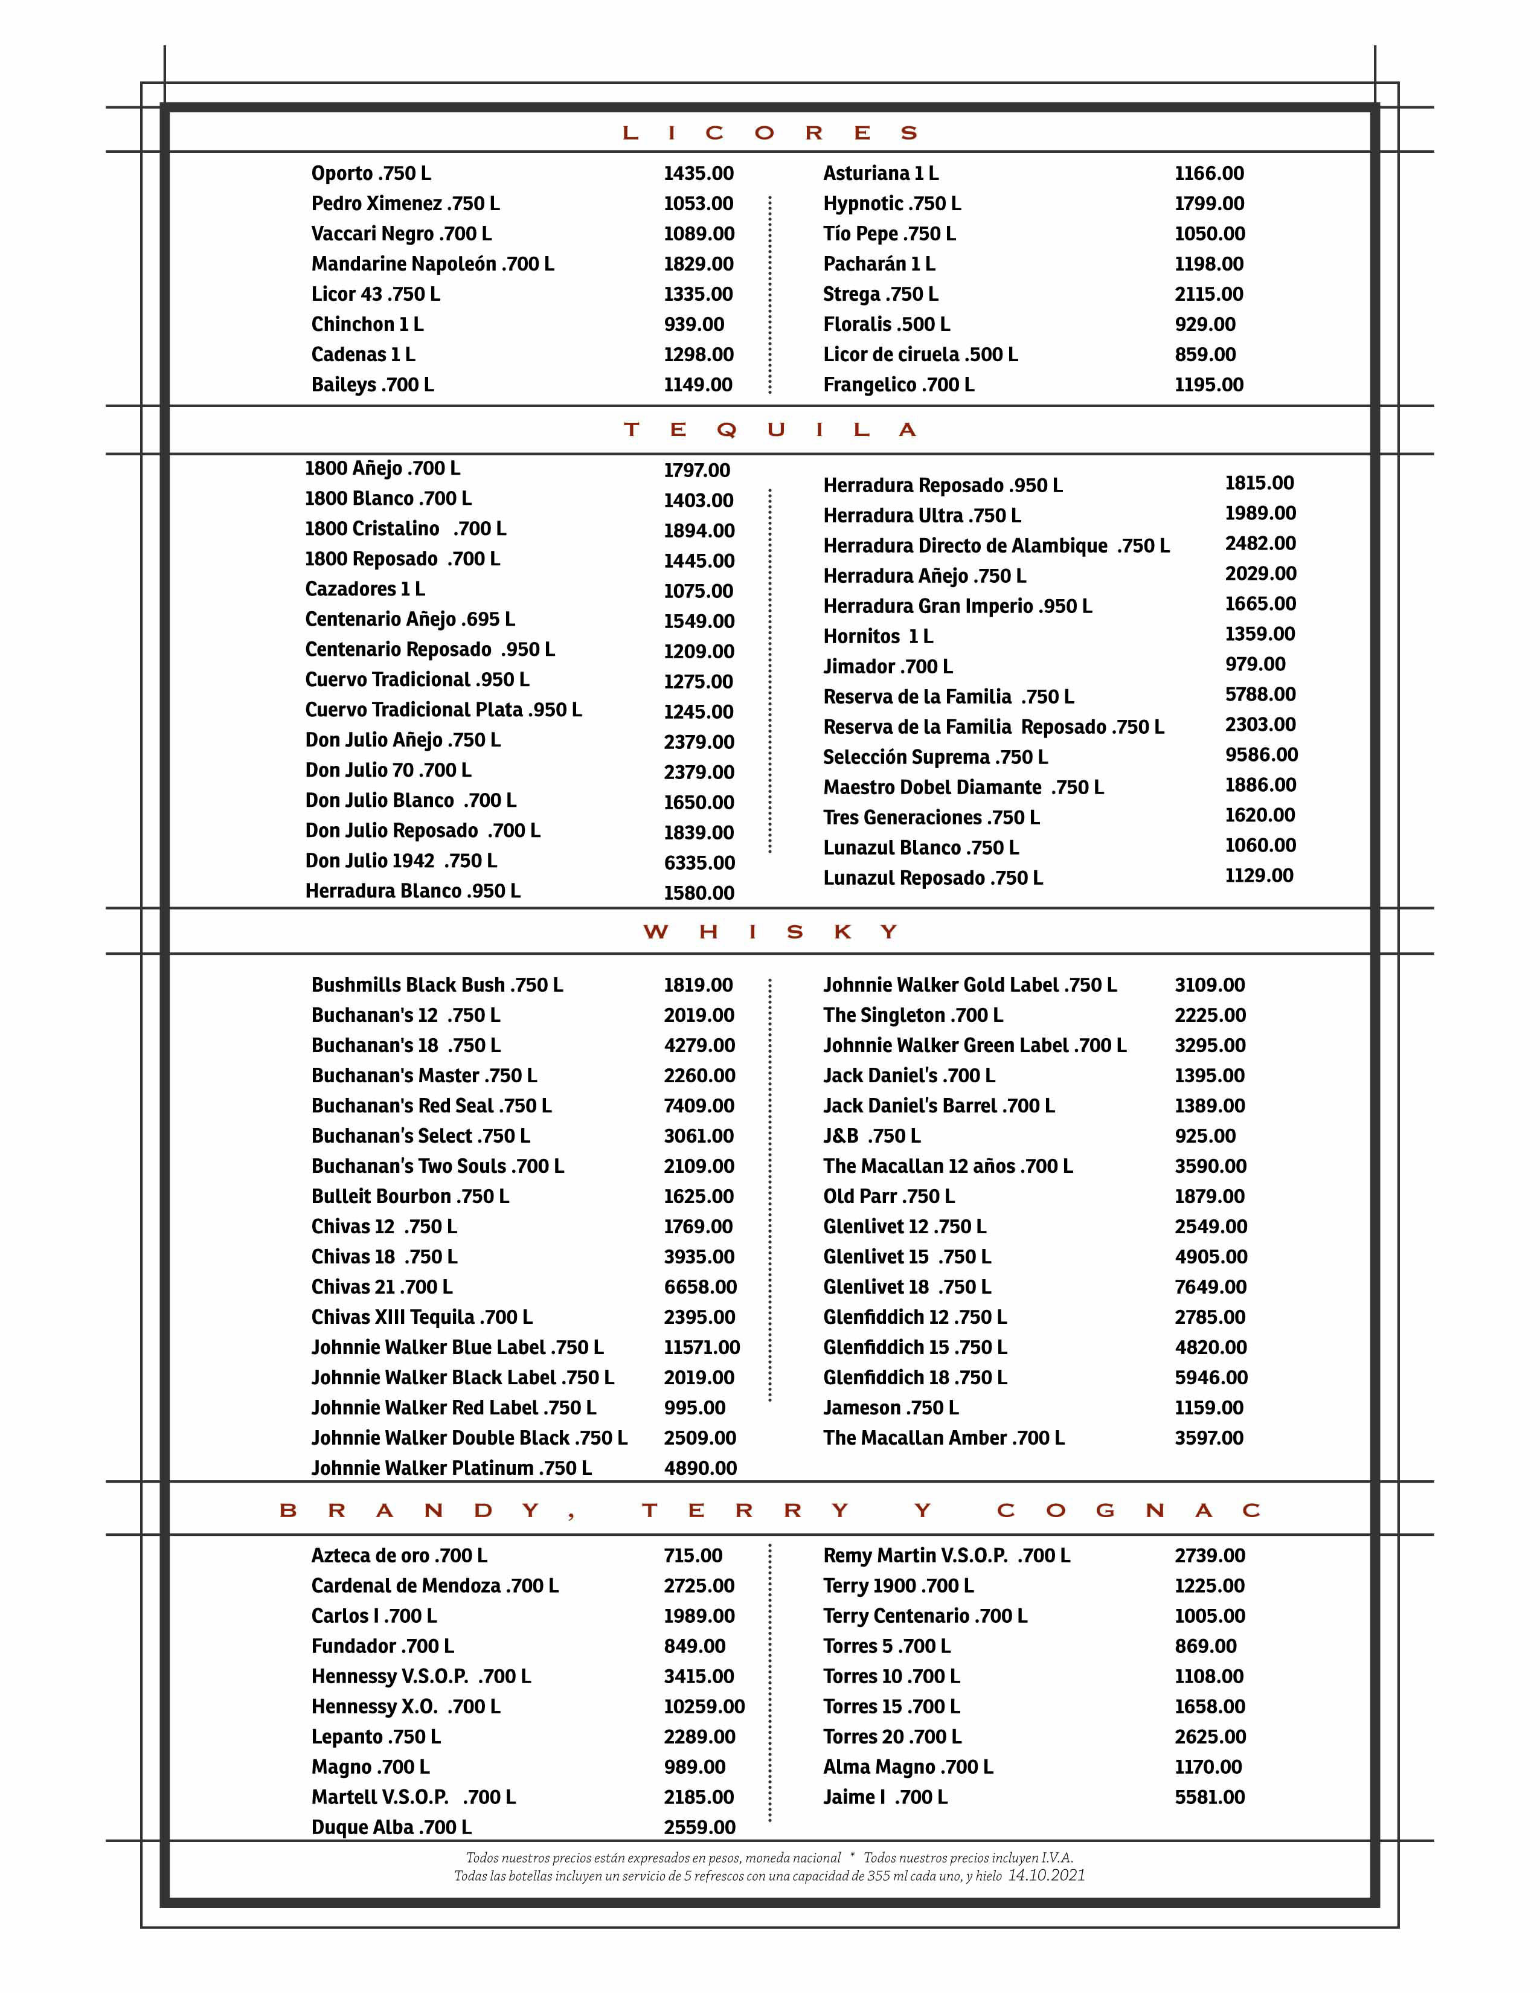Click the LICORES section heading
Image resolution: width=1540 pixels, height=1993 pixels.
769,133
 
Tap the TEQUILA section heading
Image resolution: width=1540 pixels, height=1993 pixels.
769,430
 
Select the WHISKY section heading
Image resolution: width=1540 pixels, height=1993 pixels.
769,932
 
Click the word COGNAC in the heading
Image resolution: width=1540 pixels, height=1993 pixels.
1128,1510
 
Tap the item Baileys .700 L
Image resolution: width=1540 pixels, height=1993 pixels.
372,384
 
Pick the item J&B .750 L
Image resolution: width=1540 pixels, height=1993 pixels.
871,1135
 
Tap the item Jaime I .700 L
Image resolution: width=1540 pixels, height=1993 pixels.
885,1796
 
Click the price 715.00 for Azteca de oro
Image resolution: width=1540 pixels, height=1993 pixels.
693,1555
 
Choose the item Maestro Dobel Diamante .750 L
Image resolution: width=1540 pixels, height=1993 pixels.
963,786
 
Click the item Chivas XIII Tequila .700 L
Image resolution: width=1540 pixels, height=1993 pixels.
422,1317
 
